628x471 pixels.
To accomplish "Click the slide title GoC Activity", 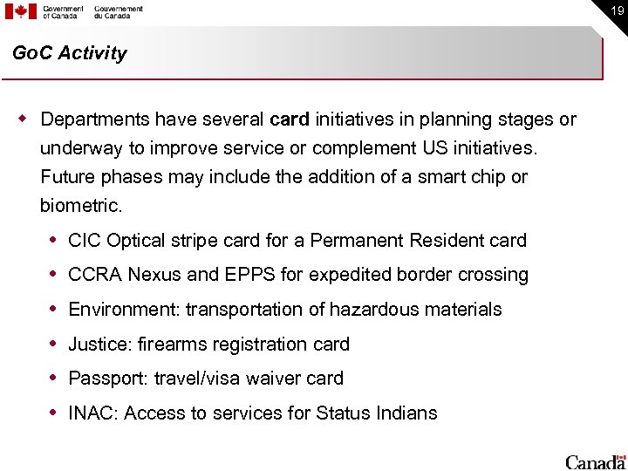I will (70, 53).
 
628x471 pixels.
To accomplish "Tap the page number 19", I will (616, 11).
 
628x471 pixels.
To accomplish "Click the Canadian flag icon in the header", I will (21, 11).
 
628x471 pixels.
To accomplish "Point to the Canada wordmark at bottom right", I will (595, 461).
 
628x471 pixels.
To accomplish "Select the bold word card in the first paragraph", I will (290, 119).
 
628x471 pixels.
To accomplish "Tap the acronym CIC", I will (83, 240).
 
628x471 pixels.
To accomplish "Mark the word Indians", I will (407, 413).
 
